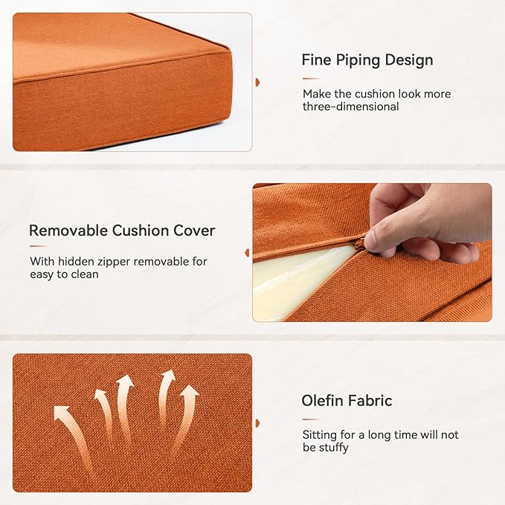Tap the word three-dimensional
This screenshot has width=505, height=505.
350,106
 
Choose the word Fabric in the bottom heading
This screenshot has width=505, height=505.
370,401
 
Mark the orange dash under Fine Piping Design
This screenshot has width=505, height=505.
311,78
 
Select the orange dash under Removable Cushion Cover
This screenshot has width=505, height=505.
38,246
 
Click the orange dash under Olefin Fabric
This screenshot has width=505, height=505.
311,419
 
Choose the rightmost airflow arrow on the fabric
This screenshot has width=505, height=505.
186,416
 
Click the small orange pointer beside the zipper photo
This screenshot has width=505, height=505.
246,253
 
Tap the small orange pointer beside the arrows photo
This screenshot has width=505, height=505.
257,423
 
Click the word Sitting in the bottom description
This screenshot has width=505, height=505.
321,435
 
